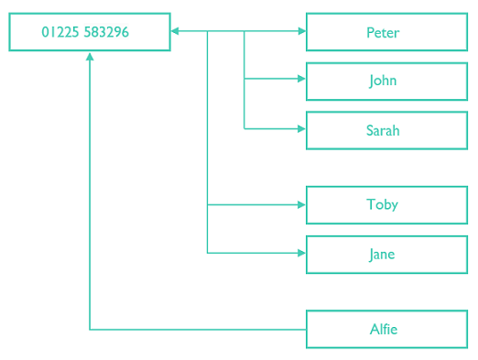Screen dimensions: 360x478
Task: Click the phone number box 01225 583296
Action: (x=90, y=32)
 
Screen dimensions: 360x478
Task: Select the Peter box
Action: (x=386, y=32)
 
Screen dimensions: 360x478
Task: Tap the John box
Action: (x=386, y=81)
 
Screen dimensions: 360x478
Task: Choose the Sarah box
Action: (x=386, y=130)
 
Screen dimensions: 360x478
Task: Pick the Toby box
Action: (x=386, y=205)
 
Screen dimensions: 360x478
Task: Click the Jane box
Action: (x=386, y=254)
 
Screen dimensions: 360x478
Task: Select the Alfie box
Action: (x=386, y=329)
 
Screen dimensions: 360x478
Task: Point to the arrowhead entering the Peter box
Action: (x=301, y=31)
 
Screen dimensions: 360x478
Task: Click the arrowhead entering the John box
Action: (x=301, y=80)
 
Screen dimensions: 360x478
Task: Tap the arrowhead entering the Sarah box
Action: (x=301, y=129)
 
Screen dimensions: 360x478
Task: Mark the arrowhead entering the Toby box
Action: (x=301, y=205)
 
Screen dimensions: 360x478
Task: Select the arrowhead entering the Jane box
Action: (x=301, y=253)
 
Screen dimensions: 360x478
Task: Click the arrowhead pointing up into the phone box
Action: (x=90, y=57)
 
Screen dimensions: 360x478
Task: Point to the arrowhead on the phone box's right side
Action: (x=175, y=31)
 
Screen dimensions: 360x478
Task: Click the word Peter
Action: (x=383, y=32)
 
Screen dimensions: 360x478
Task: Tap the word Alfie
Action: (x=383, y=329)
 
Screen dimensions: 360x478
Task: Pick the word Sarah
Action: (x=383, y=130)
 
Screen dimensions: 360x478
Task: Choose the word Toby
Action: (x=383, y=205)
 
